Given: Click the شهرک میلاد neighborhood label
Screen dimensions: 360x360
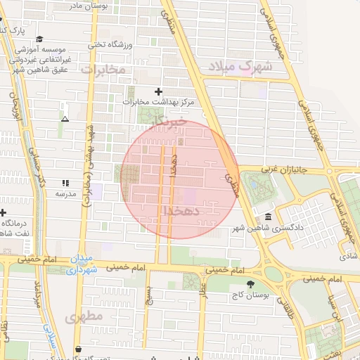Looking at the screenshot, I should click(x=240, y=67).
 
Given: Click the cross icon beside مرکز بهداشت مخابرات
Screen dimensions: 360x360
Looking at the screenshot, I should click(x=158, y=91).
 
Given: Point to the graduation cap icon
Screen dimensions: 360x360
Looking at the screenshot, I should click(x=39, y=39).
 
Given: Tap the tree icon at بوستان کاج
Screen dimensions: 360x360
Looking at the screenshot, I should click(x=250, y=283).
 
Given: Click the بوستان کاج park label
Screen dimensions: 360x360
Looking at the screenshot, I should click(x=250, y=295).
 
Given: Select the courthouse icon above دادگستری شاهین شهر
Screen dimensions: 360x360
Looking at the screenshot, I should click(x=268, y=217).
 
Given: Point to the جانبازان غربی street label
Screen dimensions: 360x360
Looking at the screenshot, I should click(x=281, y=169).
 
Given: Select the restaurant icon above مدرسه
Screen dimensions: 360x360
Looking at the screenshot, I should click(x=65, y=183).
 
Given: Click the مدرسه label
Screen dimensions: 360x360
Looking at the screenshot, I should click(x=65, y=193).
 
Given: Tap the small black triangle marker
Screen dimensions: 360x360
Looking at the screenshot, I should click(x=65, y=119).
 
